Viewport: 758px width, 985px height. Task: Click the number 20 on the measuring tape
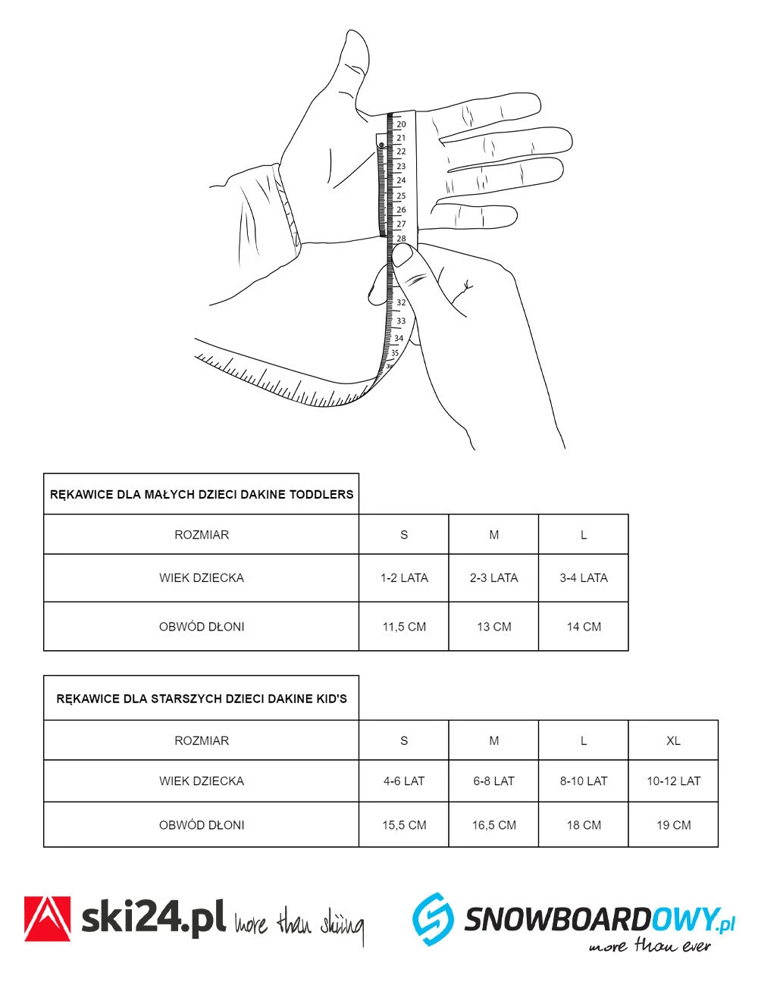click(x=401, y=124)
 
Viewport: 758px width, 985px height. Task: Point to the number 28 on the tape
click(x=401, y=239)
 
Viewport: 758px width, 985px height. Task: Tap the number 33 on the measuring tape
click(x=401, y=321)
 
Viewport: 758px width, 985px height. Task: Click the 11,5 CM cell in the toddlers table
click(x=404, y=627)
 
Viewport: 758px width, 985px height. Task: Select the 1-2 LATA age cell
click(x=404, y=578)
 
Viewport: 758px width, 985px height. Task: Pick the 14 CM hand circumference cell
click(x=584, y=627)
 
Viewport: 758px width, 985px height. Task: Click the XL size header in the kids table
click(x=673, y=741)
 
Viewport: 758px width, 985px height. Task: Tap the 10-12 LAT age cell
click(x=673, y=781)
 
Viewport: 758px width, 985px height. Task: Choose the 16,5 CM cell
click(x=494, y=825)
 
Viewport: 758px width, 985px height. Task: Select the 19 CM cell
click(x=673, y=825)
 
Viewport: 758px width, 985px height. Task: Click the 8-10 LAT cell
click(x=584, y=781)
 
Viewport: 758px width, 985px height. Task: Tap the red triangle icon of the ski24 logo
click(x=48, y=919)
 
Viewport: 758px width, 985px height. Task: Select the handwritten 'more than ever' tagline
click(x=650, y=946)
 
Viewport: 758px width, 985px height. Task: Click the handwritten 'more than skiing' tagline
click(x=299, y=924)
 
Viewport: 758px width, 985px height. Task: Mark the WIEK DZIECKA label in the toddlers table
click(x=202, y=578)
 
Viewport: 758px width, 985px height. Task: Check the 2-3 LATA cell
click(x=494, y=578)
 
